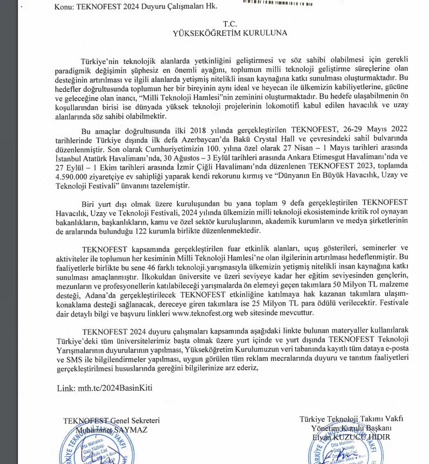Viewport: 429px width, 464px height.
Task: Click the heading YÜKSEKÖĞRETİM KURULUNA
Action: coord(230,33)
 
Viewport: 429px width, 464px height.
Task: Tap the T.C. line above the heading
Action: coord(230,24)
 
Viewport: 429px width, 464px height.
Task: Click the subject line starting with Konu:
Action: coord(136,6)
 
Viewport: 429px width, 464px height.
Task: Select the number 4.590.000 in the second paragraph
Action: coord(71,177)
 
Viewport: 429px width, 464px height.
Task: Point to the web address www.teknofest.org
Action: coord(202,313)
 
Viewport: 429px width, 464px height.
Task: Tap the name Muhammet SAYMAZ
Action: coord(112,430)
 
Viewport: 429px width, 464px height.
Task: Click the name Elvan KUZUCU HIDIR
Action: coord(351,437)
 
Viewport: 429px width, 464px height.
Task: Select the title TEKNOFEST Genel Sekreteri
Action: coord(111,421)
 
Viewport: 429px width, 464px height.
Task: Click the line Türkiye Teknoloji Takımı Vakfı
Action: coord(351,419)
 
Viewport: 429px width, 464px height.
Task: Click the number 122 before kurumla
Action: coord(142,231)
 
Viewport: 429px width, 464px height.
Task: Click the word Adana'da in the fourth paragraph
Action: coord(97,295)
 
